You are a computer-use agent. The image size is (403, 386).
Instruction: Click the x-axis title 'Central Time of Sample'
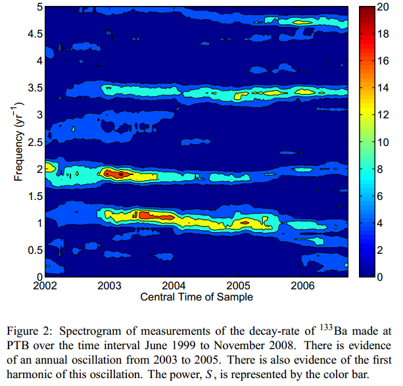pos(196,297)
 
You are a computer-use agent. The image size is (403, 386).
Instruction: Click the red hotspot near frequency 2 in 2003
pos(116,174)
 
